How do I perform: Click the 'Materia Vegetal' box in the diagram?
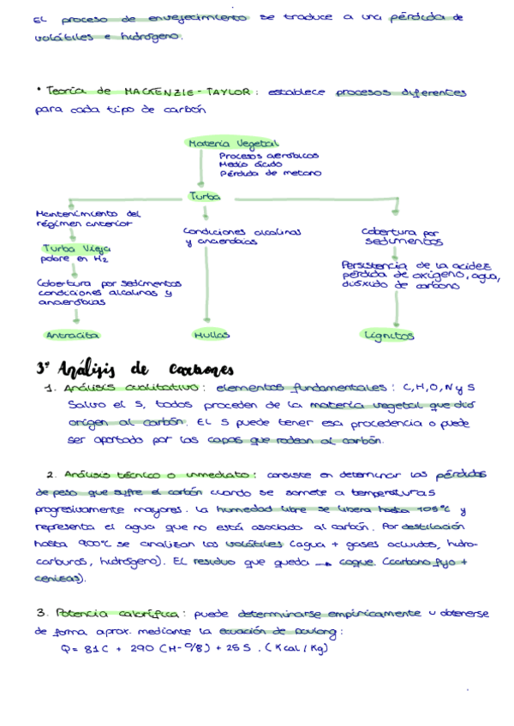point(224,144)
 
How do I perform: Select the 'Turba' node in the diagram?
point(203,196)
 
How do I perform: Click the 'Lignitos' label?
point(389,336)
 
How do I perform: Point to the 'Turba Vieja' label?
point(72,248)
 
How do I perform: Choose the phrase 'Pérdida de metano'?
point(271,173)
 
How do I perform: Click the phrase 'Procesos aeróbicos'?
point(268,156)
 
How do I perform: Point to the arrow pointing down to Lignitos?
point(395,308)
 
